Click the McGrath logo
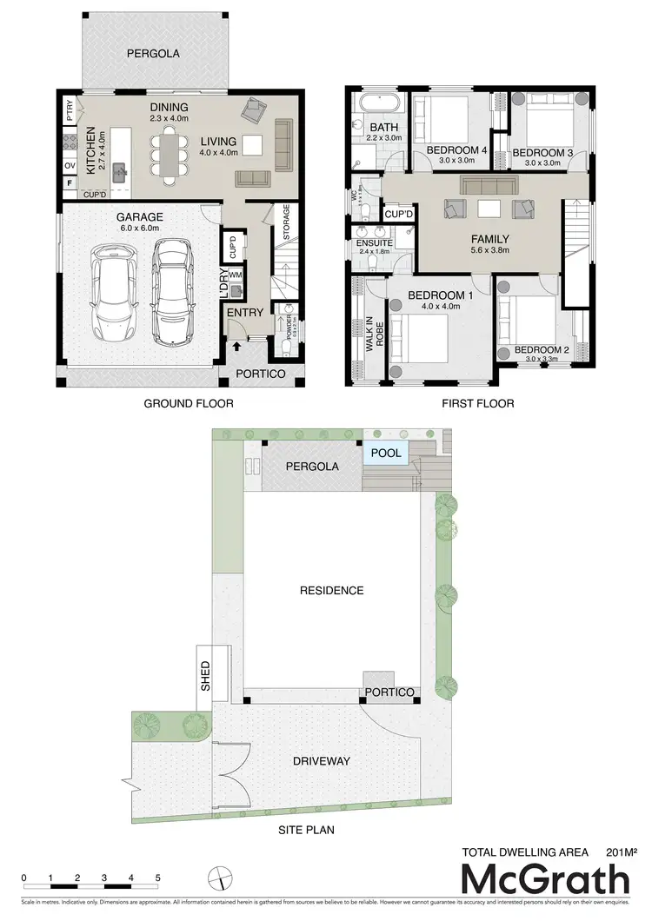pyautogui.click(x=544, y=879)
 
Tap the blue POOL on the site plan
pyautogui.click(x=386, y=454)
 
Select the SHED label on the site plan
pyautogui.click(x=206, y=675)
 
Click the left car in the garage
pyautogui.click(x=113, y=291)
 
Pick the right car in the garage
pyautogui.click(x=172, y=291)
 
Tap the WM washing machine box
pyautogui.click(x=235, y=275)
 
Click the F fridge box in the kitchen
pyautogui.click(x=69, y=183)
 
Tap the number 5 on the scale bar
pyautogui.click(x=157, y=878)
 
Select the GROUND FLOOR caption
pyautogui.click(x=189, y=403)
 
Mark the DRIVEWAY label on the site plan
pyautogui.click(x=321, y=761)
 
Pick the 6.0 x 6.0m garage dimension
pyautogui.click(x=134, y=229)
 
